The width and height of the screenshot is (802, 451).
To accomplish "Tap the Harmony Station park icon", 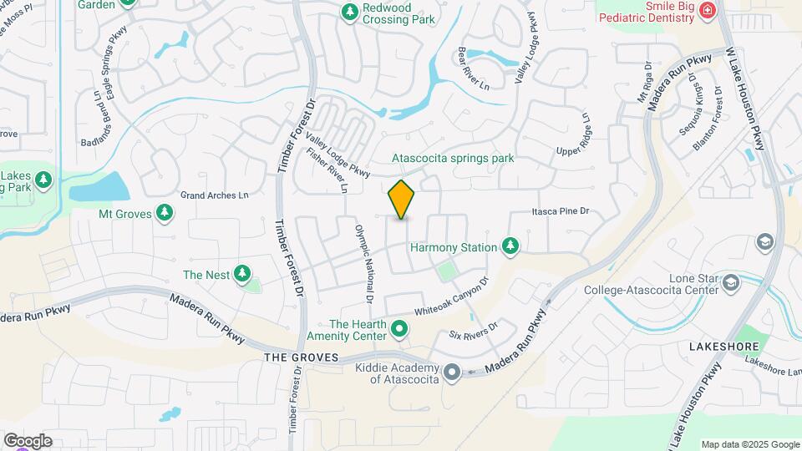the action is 510,246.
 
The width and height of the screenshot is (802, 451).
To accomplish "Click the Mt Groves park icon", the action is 165,214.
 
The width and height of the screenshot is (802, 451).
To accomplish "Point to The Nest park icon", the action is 242,273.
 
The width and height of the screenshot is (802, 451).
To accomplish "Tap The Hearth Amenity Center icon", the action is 399,329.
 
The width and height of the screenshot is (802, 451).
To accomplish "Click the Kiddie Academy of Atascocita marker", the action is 452,372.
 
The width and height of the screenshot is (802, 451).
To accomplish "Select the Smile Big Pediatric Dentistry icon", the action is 708,11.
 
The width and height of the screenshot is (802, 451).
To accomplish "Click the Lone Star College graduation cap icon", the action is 731,283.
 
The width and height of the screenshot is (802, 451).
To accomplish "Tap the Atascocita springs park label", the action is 454,158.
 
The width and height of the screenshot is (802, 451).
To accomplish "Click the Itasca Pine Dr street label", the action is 561,212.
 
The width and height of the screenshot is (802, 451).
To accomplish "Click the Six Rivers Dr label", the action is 473,331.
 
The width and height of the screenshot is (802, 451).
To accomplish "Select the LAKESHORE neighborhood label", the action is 723,346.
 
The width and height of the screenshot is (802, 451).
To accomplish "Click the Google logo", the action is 28,441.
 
